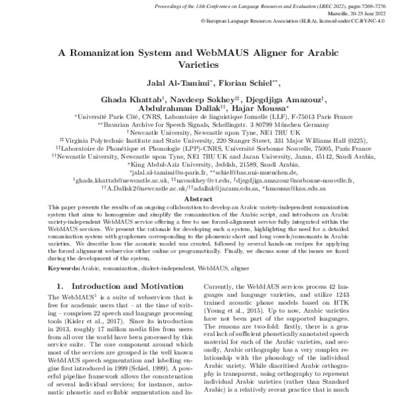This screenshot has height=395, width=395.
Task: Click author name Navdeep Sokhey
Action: [188, 99]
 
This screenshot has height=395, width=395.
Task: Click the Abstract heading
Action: [197, 197]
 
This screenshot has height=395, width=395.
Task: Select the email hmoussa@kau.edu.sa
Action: [300, 187]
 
